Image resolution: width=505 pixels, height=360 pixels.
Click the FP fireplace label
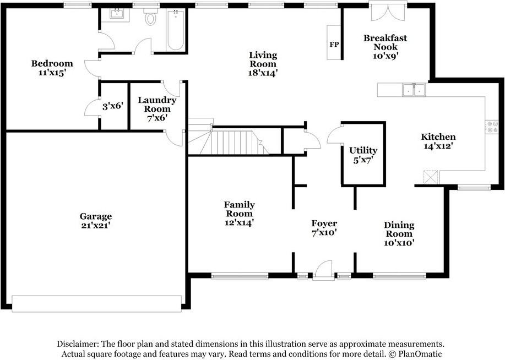[334, 45]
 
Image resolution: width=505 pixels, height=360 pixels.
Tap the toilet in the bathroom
[150, 17]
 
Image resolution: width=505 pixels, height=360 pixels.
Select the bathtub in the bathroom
[176, 30]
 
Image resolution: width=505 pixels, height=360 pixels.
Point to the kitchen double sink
[414, 90]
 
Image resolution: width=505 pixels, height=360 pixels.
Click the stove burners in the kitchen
[491, 127]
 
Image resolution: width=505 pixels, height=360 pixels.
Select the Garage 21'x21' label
[96, 221]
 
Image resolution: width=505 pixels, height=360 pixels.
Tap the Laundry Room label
[157, 105]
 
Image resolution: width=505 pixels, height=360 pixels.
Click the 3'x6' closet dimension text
[113, 106]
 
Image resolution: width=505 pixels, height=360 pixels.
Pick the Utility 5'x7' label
[363, 155]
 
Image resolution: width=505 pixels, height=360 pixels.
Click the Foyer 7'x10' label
[324, 228]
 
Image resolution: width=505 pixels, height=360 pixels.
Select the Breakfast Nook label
[385, 42]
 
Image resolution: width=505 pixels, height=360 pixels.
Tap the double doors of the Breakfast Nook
[388, 12]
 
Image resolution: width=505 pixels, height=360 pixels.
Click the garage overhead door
[96, 304]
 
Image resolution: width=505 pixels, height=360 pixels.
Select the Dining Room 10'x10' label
[399, 234]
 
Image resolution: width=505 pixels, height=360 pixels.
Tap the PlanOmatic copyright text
[416, 353]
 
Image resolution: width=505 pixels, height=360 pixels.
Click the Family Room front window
[240, 276]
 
